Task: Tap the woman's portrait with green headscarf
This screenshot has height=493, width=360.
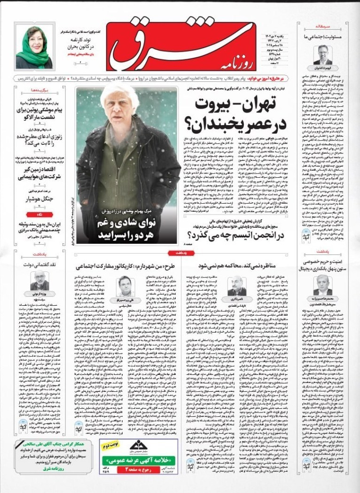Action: (34, 47)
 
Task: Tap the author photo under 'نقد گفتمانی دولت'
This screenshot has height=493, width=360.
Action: (39, 281)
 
